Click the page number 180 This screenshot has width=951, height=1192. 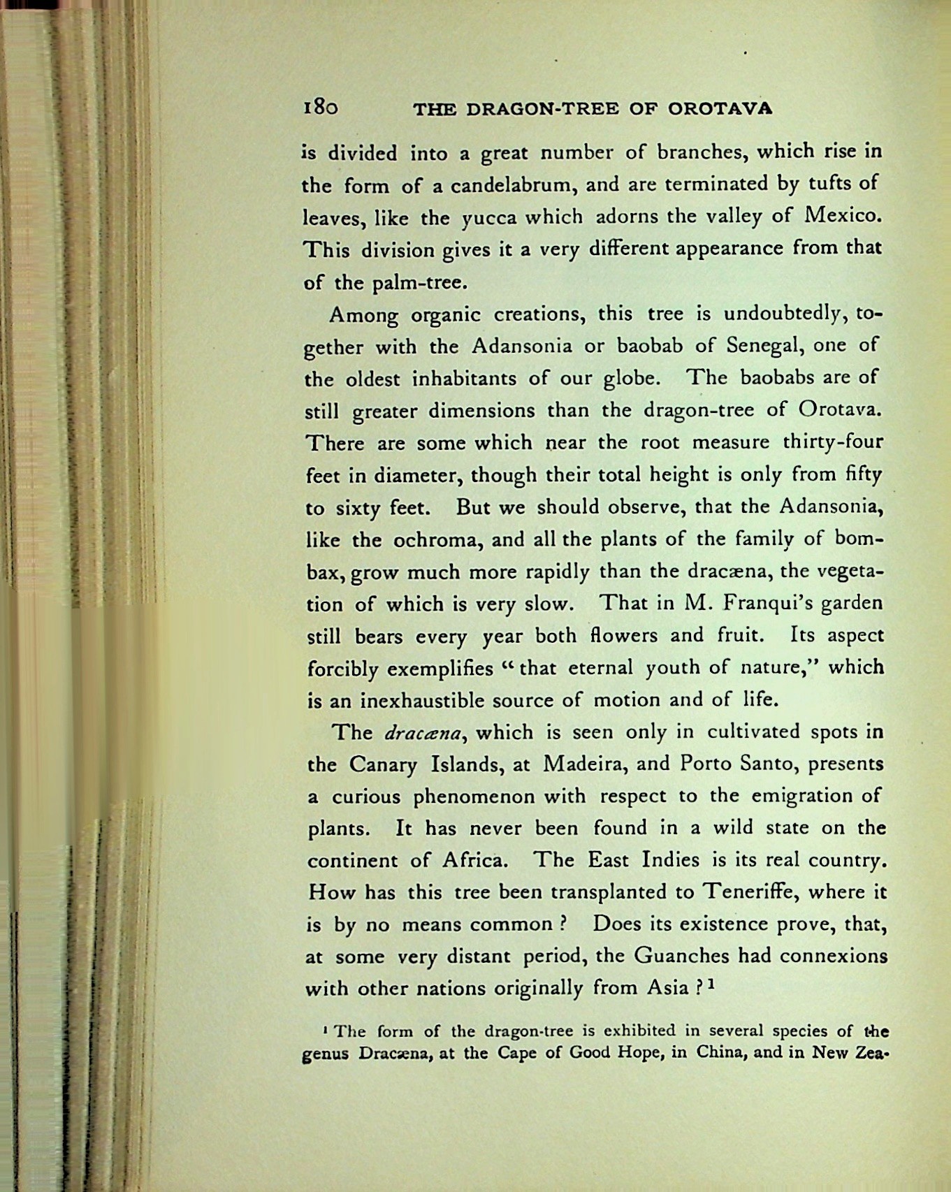(x=321, y=107)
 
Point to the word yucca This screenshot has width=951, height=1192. (x=488, y=218)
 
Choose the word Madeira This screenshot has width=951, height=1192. (x=583, y=764)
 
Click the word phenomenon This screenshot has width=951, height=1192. (x=474, y=797)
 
